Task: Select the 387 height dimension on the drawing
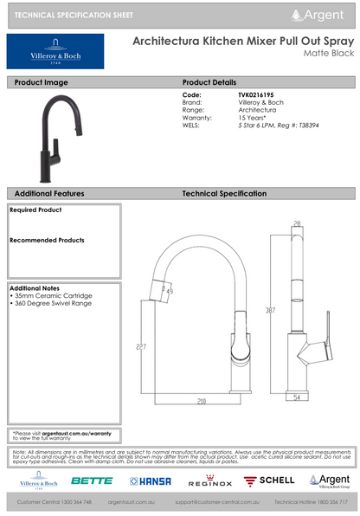coord(272,309)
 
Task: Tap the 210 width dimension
coord(201,401)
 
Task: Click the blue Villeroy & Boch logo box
coord(55,52)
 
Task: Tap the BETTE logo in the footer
coord(92,480)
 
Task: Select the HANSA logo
coord(151,480)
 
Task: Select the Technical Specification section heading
coord(224,194)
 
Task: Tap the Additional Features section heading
coord(49,194)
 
